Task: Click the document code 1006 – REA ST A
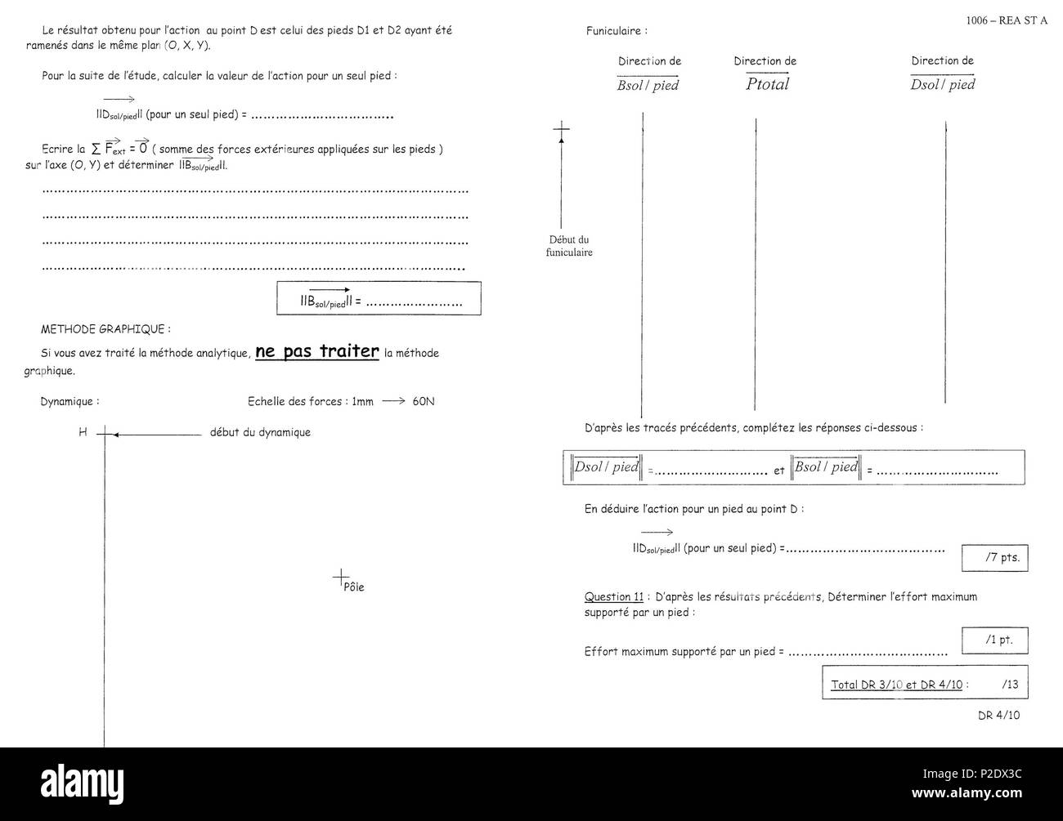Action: coord(1006,20)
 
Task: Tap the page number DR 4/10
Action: coord(998,715)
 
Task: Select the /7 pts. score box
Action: coord(994,558)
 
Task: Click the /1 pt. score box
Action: coord(994,640)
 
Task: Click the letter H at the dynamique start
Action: coord(83,432)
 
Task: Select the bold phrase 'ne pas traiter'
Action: coord(317,351)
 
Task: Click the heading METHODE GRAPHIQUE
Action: coord(105,329)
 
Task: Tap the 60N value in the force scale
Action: coord(424,402)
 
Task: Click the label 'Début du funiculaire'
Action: coord(568,246)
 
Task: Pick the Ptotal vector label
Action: coord(767,84)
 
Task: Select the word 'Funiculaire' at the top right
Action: coord(616,31)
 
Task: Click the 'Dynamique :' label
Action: coord(70,402)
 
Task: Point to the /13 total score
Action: coord(1009,685)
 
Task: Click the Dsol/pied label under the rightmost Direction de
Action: coord(942,85)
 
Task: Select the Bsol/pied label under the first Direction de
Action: coord(648,85)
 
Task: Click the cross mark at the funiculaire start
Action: coord(561,128)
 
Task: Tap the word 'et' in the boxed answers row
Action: coord(778,471)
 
